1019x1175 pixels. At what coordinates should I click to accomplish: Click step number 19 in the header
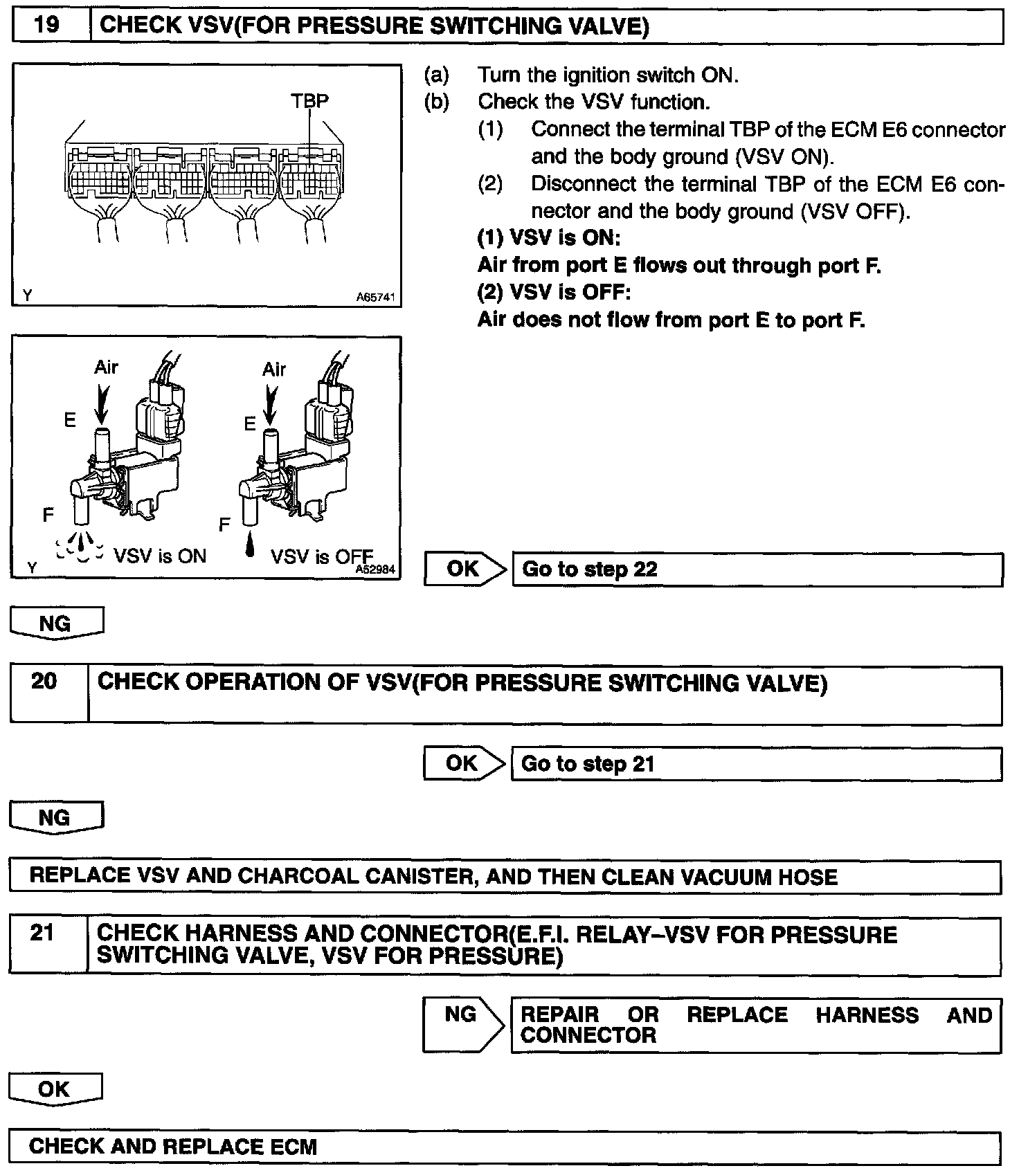pos(47,26)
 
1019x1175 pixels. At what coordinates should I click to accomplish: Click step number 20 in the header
pos(44,681)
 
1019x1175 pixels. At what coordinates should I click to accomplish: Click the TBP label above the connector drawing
pos(309,101)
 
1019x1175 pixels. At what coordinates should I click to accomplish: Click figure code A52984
pos(376,570)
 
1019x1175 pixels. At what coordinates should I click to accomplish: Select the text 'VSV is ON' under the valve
pos(160,556)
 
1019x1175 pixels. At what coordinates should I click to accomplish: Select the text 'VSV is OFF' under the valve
pos(321,556)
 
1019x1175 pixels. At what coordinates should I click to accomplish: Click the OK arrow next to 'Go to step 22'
pos(464,569)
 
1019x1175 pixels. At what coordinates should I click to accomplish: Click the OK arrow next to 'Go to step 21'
pos(462,763)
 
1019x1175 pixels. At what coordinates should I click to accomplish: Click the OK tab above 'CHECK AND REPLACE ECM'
pos(54,1089)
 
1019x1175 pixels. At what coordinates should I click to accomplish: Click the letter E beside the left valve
pos(70,420)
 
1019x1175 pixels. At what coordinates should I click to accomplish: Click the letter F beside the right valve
pos(224,525)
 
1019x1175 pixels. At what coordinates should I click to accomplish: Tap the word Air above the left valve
pos(106,367)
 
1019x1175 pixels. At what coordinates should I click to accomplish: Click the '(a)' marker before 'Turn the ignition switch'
pos(436,75)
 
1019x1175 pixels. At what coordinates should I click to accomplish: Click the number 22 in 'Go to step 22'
pos(645,570)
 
